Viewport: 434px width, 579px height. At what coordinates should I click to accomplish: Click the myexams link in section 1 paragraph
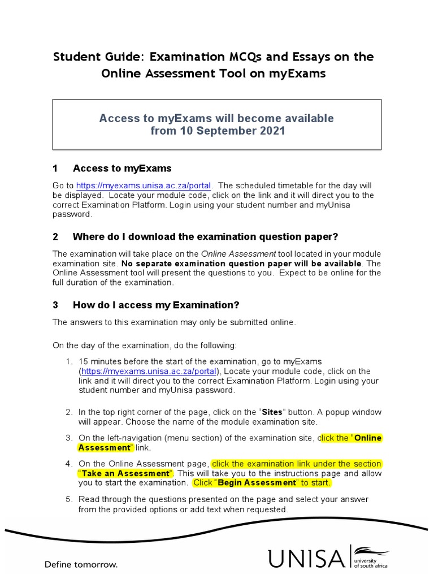pyautogui.click(x=144, y=185)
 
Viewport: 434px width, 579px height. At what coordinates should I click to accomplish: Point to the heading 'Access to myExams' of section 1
pyautogui.click(x=122, y=168)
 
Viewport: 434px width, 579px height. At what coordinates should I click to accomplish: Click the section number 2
pyautogui.click(x=55, y=236)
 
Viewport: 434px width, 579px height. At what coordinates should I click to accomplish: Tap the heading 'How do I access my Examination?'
pyautogui.click(x=156, y=305)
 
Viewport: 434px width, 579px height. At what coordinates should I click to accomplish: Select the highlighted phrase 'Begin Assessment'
pyautogui.click(x=257, y=483)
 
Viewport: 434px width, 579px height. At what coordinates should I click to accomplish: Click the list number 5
pyautogui.click(x=70, y=499)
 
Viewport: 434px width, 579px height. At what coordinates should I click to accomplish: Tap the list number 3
pyautogui.click(x=70, y=438)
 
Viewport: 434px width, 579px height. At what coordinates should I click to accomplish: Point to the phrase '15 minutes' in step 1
pyautogui.click(x=101, y=361)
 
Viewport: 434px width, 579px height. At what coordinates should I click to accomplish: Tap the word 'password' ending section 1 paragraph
pyautogui.click(x=71, y=214)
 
